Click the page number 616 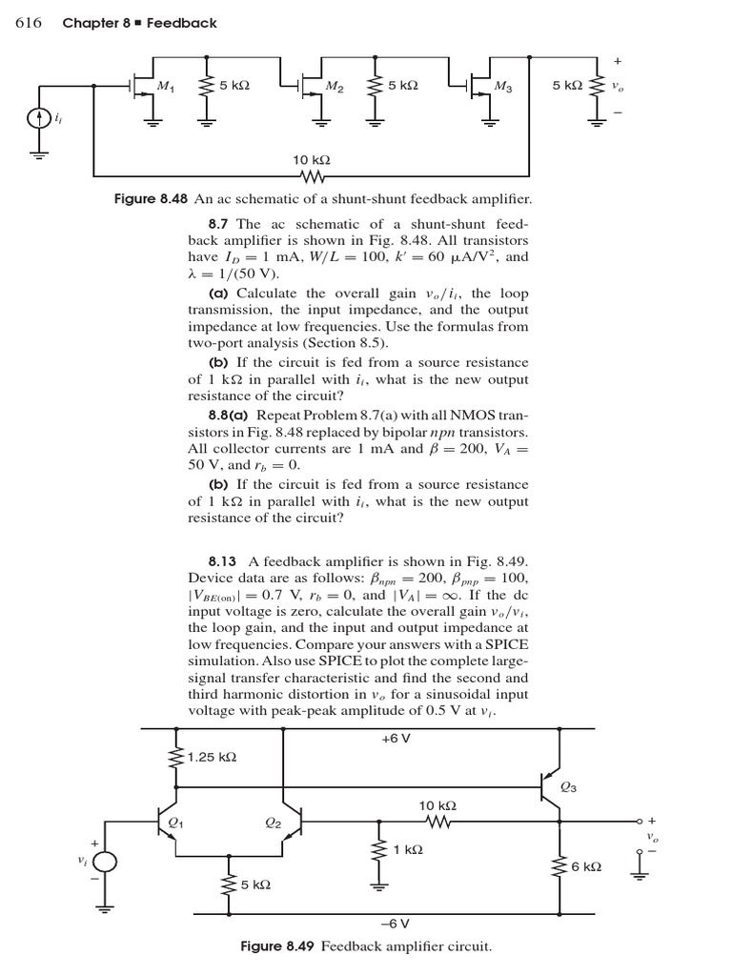coord(29,23)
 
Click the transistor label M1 coord(166,88)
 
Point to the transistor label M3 coord(503,88)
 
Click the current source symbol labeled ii coord(38,120)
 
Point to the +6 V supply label coord(395,739)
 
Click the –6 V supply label coord(395,923)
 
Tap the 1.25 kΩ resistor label coord(212,758)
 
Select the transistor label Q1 coord(174,822)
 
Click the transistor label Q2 coord(273,823)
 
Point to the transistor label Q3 coord(568,787)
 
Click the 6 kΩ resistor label coord(586,866)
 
